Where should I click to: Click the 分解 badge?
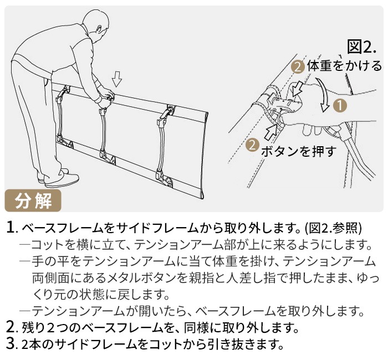click(x=33, y=200)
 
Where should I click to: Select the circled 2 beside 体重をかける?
click(x=298, y=67)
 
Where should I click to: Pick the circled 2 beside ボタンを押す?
click(x=252, y=145)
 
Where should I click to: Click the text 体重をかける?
click(x=344, y=66)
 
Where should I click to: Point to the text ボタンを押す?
click(x=299, y=151)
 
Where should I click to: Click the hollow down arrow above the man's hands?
click(x=117, y=79)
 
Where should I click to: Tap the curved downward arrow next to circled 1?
click(x=323, y=95)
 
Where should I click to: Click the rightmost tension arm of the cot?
click(x=164, y=146)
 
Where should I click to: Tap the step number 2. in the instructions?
click(x=11, y=327)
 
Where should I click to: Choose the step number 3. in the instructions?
click(x=11, y=344)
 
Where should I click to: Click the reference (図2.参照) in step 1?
click(x=333, y=228)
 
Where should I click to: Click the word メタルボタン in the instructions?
click(x=142, y=278)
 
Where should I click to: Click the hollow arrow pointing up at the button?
click(x=270, y=131)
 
